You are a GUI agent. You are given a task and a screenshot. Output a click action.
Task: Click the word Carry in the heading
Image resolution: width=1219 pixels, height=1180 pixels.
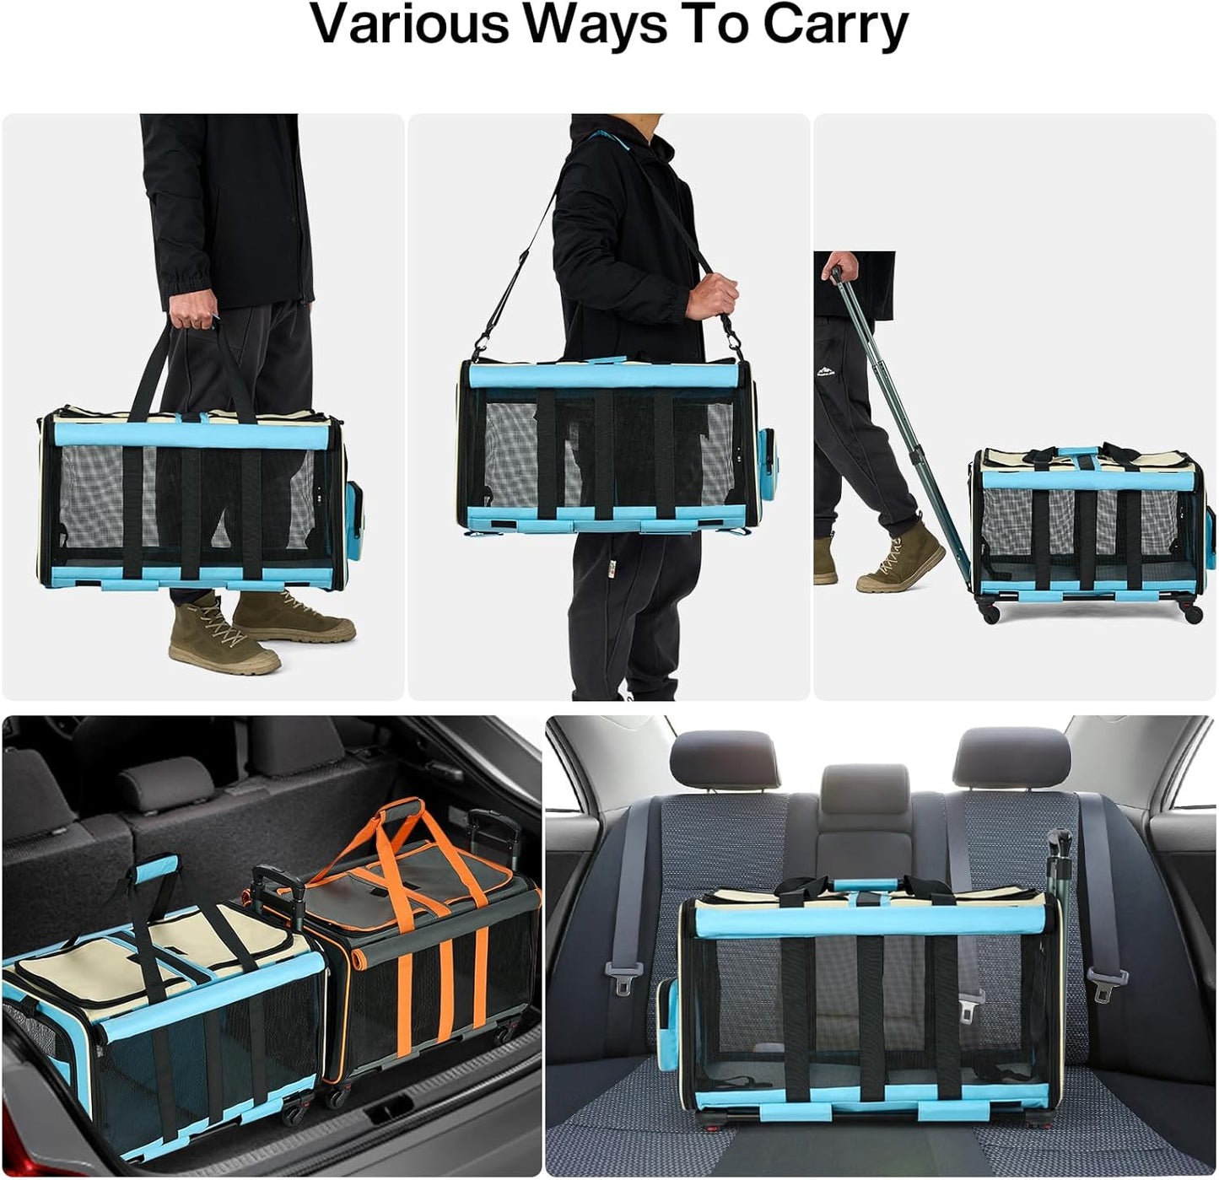[x=835, y=27]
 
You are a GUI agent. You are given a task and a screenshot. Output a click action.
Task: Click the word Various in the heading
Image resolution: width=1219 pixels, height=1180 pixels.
[x=412, y=25]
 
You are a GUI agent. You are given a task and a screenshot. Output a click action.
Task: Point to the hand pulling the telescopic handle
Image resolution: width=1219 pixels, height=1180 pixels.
[x=829, y=267]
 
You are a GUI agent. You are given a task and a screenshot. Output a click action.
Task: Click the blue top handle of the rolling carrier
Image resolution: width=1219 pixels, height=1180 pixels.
[x=1085, y=450]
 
